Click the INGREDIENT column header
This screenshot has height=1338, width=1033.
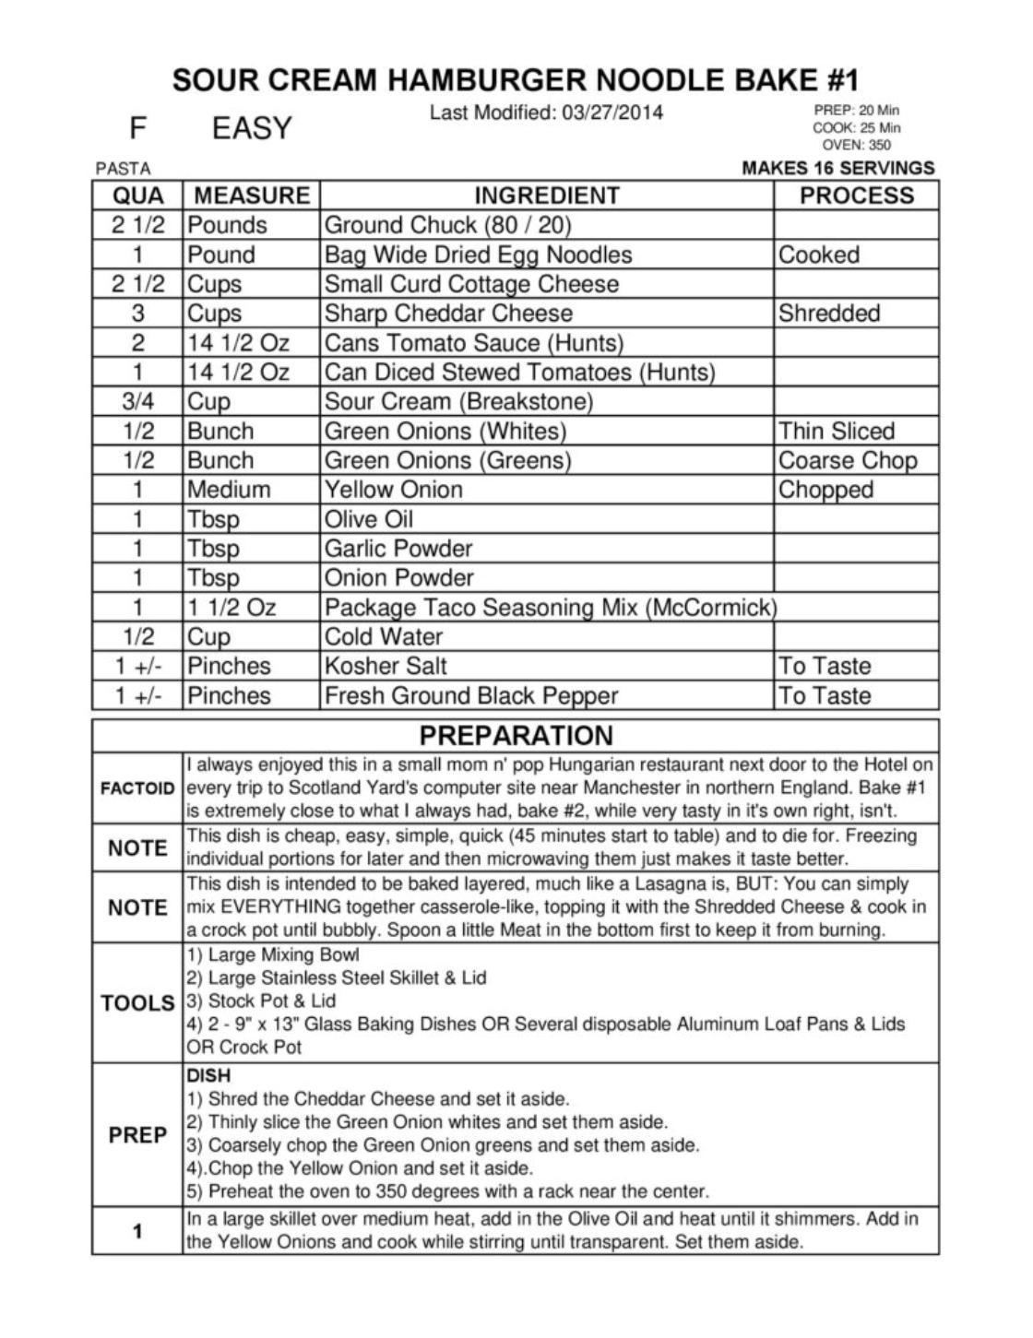pyautogui.click(x=546, y=195)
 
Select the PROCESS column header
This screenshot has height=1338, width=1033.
pyautogui.click(x=856, y=195)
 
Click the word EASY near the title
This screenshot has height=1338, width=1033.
pyautogui.click(x=252, y=128)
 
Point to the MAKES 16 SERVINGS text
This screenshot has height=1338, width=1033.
pyautogui.click(x=837, y=168)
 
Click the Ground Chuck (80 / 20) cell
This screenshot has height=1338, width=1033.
pyautogui.click(x=447, y=225)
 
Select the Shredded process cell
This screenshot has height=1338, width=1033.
pyautogui.click(x=829, y=314)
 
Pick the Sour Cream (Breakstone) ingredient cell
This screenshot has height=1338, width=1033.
pyautogui.click(x=458, y=402)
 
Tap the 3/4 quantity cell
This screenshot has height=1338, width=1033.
pyautogui.click(x=137, y=402)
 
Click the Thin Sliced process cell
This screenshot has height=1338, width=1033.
pyautogui.click(x=837, y=432)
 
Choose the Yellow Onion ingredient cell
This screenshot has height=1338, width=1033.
pyautogui.click(x=394, y=490)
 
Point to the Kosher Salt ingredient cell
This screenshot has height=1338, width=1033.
pyautogui.click(x=386, y=667)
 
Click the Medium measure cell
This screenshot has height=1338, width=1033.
pyautogui.click(x=229, y=490)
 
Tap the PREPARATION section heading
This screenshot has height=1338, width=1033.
pyautogui.click(x=516, y=736)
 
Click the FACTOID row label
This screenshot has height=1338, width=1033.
pyautogui.click(x=137, y=788)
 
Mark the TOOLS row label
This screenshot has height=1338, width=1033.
pyautogui.click(x=137, y=1003)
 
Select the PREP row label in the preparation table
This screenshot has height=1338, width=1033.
pyautogui.click(x=137, y=1135)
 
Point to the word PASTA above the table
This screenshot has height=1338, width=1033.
pyautogui.click(x=123, y=169)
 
